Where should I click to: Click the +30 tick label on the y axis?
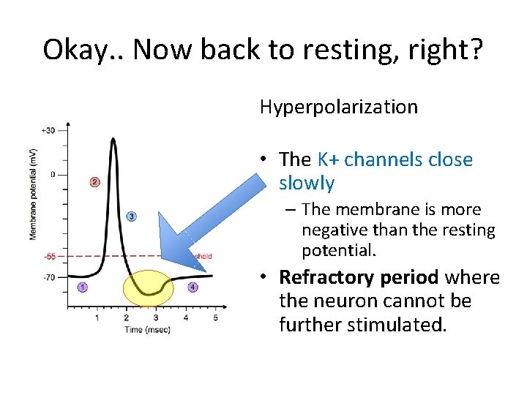pyautogui.click(x=48, y=130)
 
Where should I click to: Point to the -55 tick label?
pyautogui.click(x=49, y=257)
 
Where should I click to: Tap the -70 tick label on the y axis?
pyautogui.click(x=49, y=277)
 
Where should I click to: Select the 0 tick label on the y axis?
pyautogui.click(x=51, y=174)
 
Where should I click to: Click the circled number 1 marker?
pyautogui.click(x=82, y=287)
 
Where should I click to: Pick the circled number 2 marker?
pyautogui.click(x=94, y=181)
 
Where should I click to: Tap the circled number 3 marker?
pyautogui.click(x=131, y=216)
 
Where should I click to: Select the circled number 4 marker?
pyautogui.click(x=193, y=287)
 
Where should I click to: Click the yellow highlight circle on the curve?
pyautogui.click(x=149, y=287)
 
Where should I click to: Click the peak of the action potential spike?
pyautogui.click(x=112, y=139)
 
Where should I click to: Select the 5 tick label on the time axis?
pyautogui.click(x=215, y=318)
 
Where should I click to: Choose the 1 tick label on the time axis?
pyautogui.click(x=97, y=318)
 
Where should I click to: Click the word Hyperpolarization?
pyautogui.click(x=339, y=107)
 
